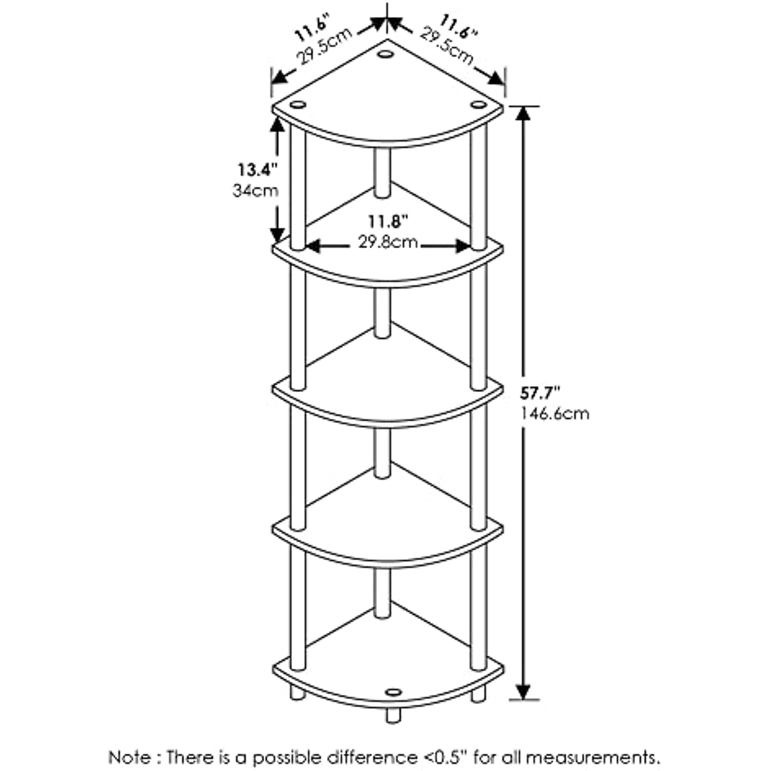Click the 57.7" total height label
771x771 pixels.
coord(539,393)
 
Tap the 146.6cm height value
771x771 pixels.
coord(555,414)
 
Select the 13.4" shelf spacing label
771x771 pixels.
coord(257,169)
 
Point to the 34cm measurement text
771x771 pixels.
coord(255,191)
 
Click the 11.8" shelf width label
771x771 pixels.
coord(388,222)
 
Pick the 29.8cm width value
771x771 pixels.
coord(388,242)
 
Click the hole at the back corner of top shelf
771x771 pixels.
coord(384,53)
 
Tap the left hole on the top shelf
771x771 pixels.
coord(298,105)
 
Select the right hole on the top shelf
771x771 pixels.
coord(478,105)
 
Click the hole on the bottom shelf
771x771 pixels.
coord(393,692)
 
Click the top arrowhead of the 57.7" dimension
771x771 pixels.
coord(523,114)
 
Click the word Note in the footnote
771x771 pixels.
coord(130,757)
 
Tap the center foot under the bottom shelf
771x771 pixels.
coord(393,715)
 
